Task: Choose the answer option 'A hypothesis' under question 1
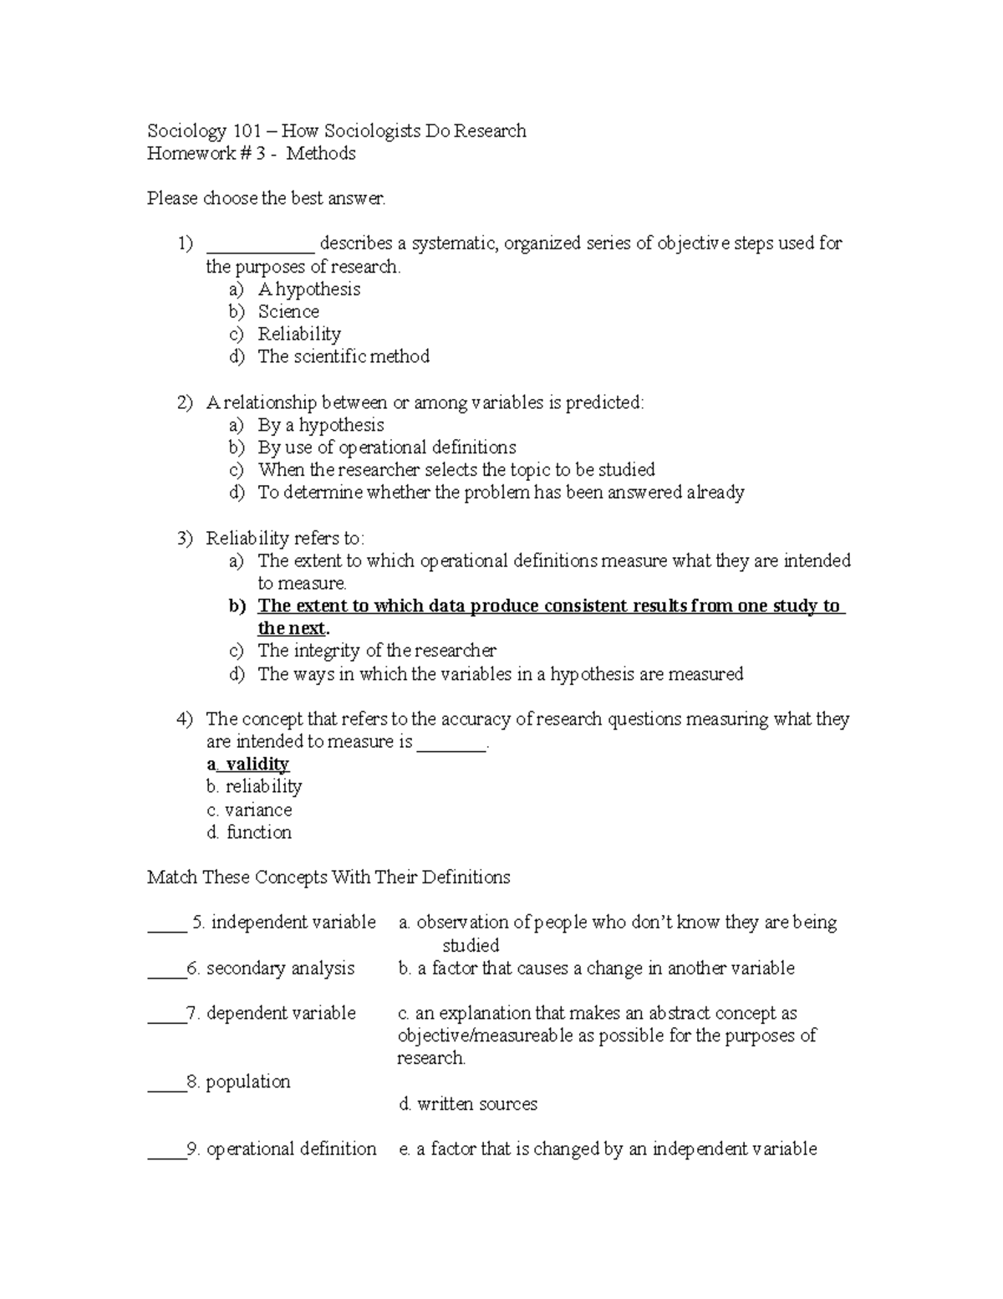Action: pyautogui.click(x=308, y=289)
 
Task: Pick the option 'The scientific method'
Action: pyautogui.click(x=344, y=357)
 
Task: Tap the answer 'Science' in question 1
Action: pyautogui.click(x=288, y=312)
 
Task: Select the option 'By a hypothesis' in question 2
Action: pyautogui.click(x=320, y=426)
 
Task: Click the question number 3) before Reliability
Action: pyautogui.click(x=185, y=539)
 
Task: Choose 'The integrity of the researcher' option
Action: pyautogui.click(x=377, y=651)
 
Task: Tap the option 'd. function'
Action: pyautogui.click(x=248, y=833)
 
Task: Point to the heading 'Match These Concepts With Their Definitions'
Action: pyautogui.click(x=328, y=878)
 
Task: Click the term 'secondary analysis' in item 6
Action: pyautogui.click(x=280, y=969)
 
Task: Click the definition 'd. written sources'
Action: pyautogui.click(x=468, y=1105)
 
